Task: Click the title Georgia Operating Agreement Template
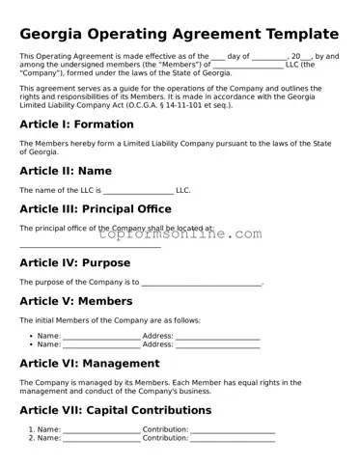[180, 34]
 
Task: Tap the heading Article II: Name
[65, 171]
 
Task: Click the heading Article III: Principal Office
[96, 208]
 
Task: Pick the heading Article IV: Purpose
[74, 262]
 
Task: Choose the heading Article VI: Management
[89, 364]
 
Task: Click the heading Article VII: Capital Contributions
[115, 410]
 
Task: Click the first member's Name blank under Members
[101, 337]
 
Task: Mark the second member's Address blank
[217, 345]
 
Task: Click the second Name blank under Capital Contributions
[101, 439]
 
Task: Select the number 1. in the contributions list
[31, 429]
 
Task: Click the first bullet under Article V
[31, 336]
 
